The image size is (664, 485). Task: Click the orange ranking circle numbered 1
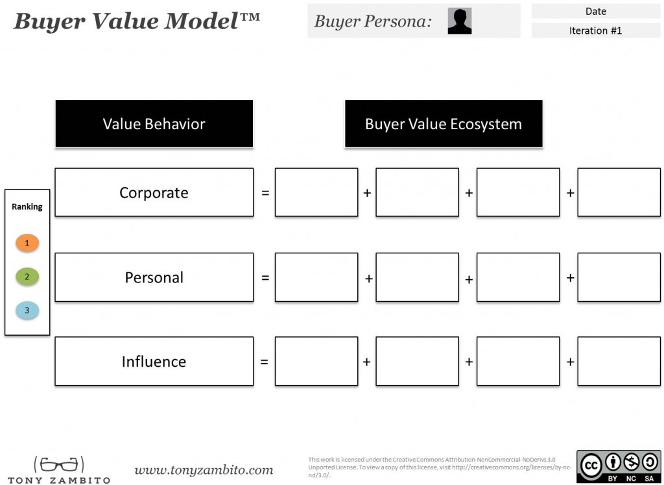tap(27, 243)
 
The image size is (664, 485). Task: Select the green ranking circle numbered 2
tap(27, 277)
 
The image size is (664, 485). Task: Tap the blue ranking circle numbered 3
tap(27, 310)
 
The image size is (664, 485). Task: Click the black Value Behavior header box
tap(154, 124)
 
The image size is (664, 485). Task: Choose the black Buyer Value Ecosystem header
tap(444, 124)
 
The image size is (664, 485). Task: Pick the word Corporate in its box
tap(154, 193)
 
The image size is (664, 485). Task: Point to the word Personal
tap(154, 277)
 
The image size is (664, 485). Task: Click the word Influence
tap(154, 362)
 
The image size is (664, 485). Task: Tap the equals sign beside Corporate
tap(265, 193)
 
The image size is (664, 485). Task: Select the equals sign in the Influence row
tap(265, 362)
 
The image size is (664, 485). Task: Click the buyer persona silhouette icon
tap(460, 21)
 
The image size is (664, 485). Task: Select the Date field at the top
tap(595, 12)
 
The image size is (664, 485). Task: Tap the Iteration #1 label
tap(595, 31)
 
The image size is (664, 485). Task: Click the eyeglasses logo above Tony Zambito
tap(59, 464)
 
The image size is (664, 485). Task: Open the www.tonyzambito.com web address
tap(204, 470)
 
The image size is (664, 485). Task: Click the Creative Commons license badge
tap(618, 466)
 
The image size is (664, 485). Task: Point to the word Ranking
tap(27, 207)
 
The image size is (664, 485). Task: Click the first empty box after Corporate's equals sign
tap(316, 192)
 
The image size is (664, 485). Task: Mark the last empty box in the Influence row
tap(619, 361)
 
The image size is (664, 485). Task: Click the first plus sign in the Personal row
tap(369, 279)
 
